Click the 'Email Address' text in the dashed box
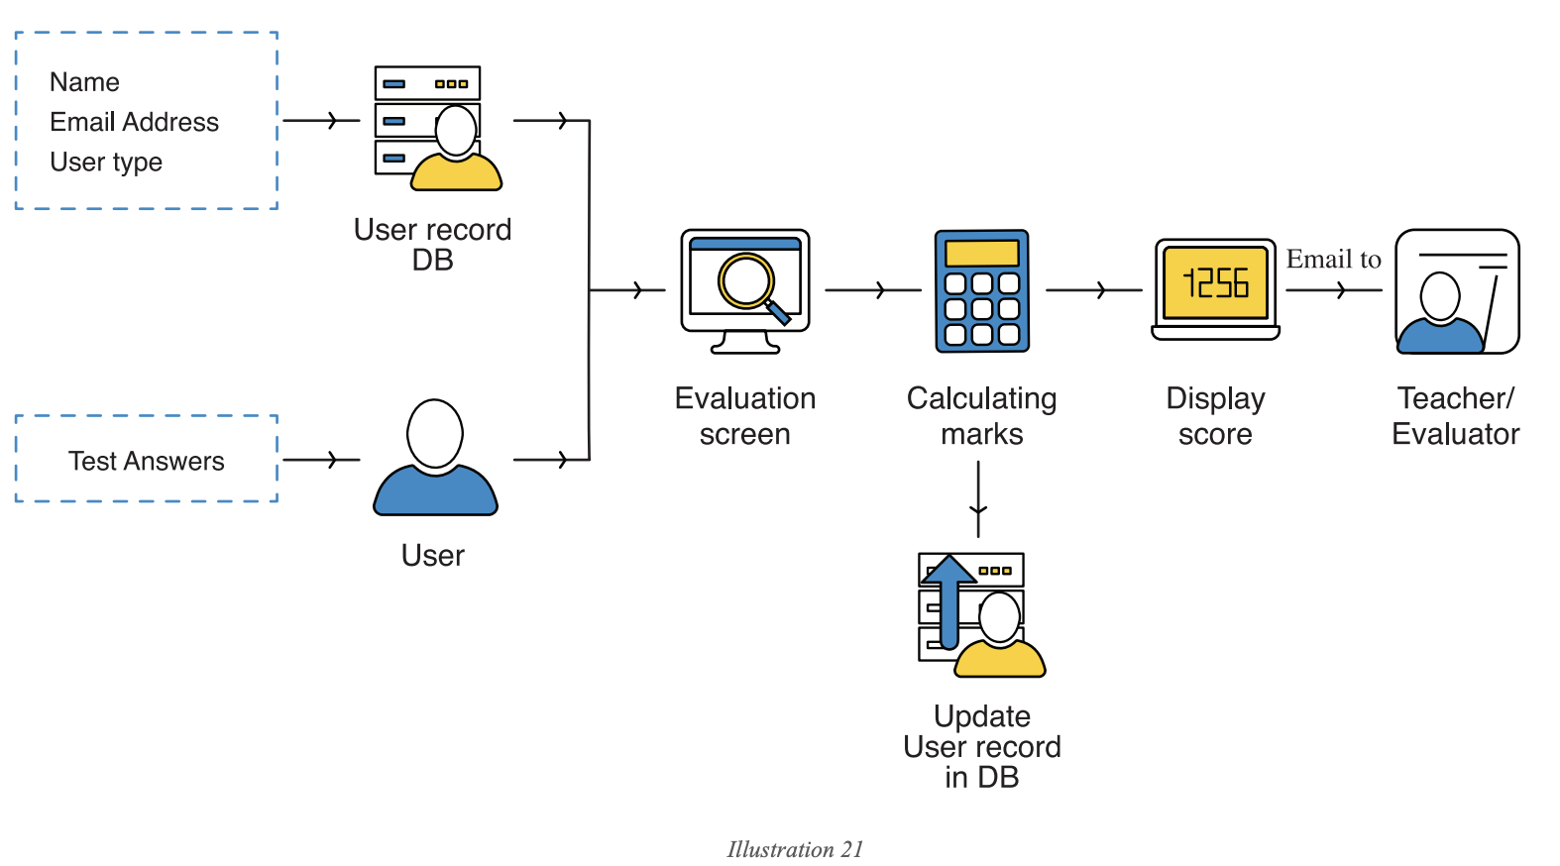[134, 122]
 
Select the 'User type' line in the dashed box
[106, 162]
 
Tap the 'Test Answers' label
[146, 461]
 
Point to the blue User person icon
[435, 459]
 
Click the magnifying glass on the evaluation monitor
[750, 285]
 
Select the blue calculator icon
[982, 291]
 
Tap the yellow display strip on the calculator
[982, 253]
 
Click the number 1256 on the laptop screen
[1215, 284]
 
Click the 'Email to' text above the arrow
[1333, 260]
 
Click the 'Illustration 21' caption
[795, 849]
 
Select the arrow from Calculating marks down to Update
[978, 500]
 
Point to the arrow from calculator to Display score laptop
[1094, 290]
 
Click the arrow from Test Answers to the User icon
[322, 460]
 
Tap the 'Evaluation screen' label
[745, 416]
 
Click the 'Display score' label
[1215, 416]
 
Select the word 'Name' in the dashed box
[84, 82]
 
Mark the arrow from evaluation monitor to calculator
[873, 290]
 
